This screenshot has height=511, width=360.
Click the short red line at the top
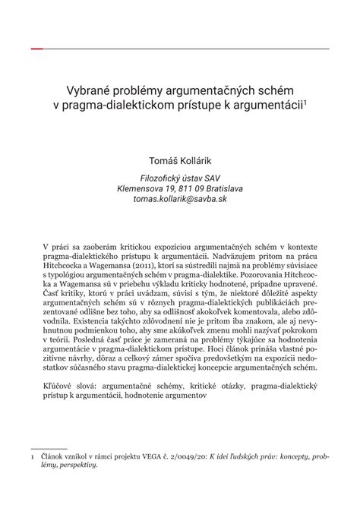(37, 48)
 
